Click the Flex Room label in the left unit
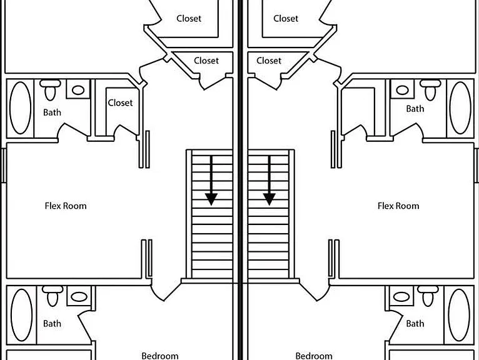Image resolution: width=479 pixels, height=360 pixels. tap(66, 206)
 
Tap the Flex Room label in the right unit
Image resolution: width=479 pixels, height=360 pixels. tap(398, 206)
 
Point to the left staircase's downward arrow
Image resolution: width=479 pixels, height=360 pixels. tap(211, 180)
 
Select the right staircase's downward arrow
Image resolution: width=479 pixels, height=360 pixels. tap(269, 180)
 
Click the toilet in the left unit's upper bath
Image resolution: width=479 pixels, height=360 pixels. tap(50, 89)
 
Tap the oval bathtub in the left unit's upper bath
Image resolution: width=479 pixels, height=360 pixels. tap(21, 107)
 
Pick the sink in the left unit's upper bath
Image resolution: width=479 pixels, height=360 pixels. tap(78, 90)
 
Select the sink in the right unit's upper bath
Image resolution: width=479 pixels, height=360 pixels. tap(402, 90)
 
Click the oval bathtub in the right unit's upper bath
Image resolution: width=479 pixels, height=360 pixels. tap(460, 107)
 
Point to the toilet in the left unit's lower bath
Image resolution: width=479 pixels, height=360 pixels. tap(53, 296)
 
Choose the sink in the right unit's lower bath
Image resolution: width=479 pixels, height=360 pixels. tap(401, 296)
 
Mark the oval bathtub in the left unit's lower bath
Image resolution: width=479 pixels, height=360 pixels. tap(21, 315)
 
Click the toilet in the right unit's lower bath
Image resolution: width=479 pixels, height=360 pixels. tap(428, 296)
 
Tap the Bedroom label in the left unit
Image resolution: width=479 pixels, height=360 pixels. tap(160, 356)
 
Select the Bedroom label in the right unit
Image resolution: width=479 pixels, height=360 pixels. tap(314, 356)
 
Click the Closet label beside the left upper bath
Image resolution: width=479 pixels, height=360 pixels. tap(120, 103)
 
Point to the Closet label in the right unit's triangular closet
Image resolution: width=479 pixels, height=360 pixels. tap(269, 61)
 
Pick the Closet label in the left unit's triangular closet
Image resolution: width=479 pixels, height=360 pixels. tap(206, 61)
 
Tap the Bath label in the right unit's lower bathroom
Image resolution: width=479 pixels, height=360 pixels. tap(415, 323)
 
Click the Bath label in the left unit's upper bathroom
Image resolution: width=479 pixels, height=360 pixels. tap(53, 112)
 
